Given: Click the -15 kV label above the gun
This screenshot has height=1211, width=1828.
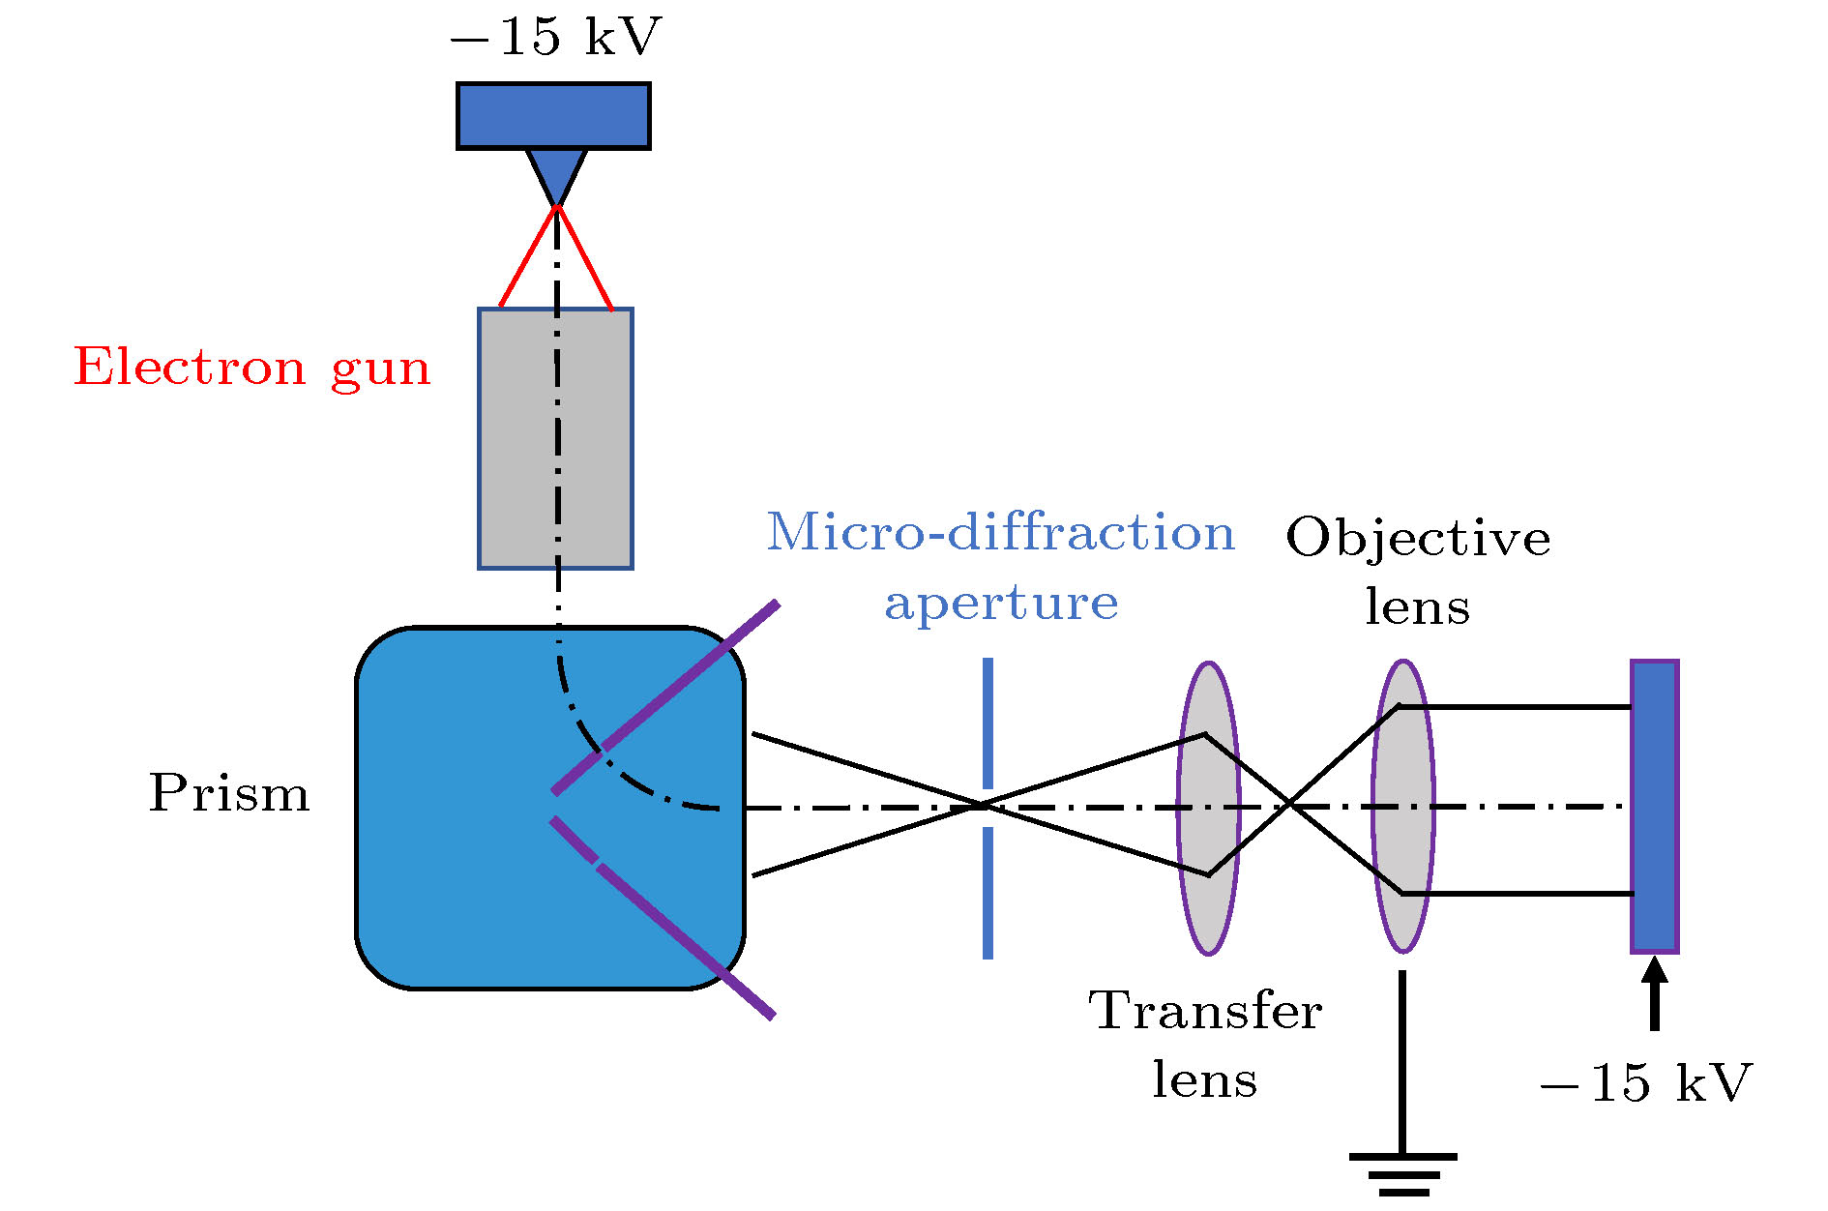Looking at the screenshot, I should click(x=555, y=37).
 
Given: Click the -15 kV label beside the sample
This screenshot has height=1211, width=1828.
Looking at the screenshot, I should click(x=1645, y=1082).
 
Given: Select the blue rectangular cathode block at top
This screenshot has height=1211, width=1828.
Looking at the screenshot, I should click(x=553, y=116).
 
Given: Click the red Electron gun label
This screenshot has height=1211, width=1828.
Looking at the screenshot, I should click(x=251, y=368).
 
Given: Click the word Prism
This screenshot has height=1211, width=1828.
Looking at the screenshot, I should click(x=229, y=793).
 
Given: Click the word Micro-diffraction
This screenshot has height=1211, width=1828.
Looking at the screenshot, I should click(x=1000, y=533).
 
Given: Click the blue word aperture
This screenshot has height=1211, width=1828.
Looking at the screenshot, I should click(x=1001, y=603).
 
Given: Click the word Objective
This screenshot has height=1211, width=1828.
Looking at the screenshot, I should click(x=1418, y=538).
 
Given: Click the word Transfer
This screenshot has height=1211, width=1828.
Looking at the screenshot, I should click(x=1205, y=1011).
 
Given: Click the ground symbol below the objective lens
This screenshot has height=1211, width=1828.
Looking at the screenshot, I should click(x=1402, y=1170).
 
